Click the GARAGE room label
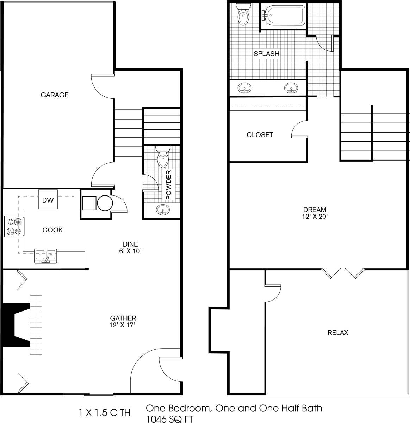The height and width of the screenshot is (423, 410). [x=55, y=95]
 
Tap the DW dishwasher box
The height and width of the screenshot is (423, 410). [x=48, y=200]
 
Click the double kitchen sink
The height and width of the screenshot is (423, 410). [x=45, y=255]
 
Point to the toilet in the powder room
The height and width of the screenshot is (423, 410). [x=162, y=158]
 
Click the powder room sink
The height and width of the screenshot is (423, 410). [x=163, y=210]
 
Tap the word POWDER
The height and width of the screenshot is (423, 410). [x=169, y=185]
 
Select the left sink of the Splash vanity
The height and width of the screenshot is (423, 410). [x=244, y=87]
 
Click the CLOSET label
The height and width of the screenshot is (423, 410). [x=260, y=135]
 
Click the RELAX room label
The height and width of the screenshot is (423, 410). [x=338, y=333]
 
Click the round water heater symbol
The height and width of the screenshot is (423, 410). [x=105, y=204]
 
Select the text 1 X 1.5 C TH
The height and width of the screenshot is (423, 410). [x=105, y=412]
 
